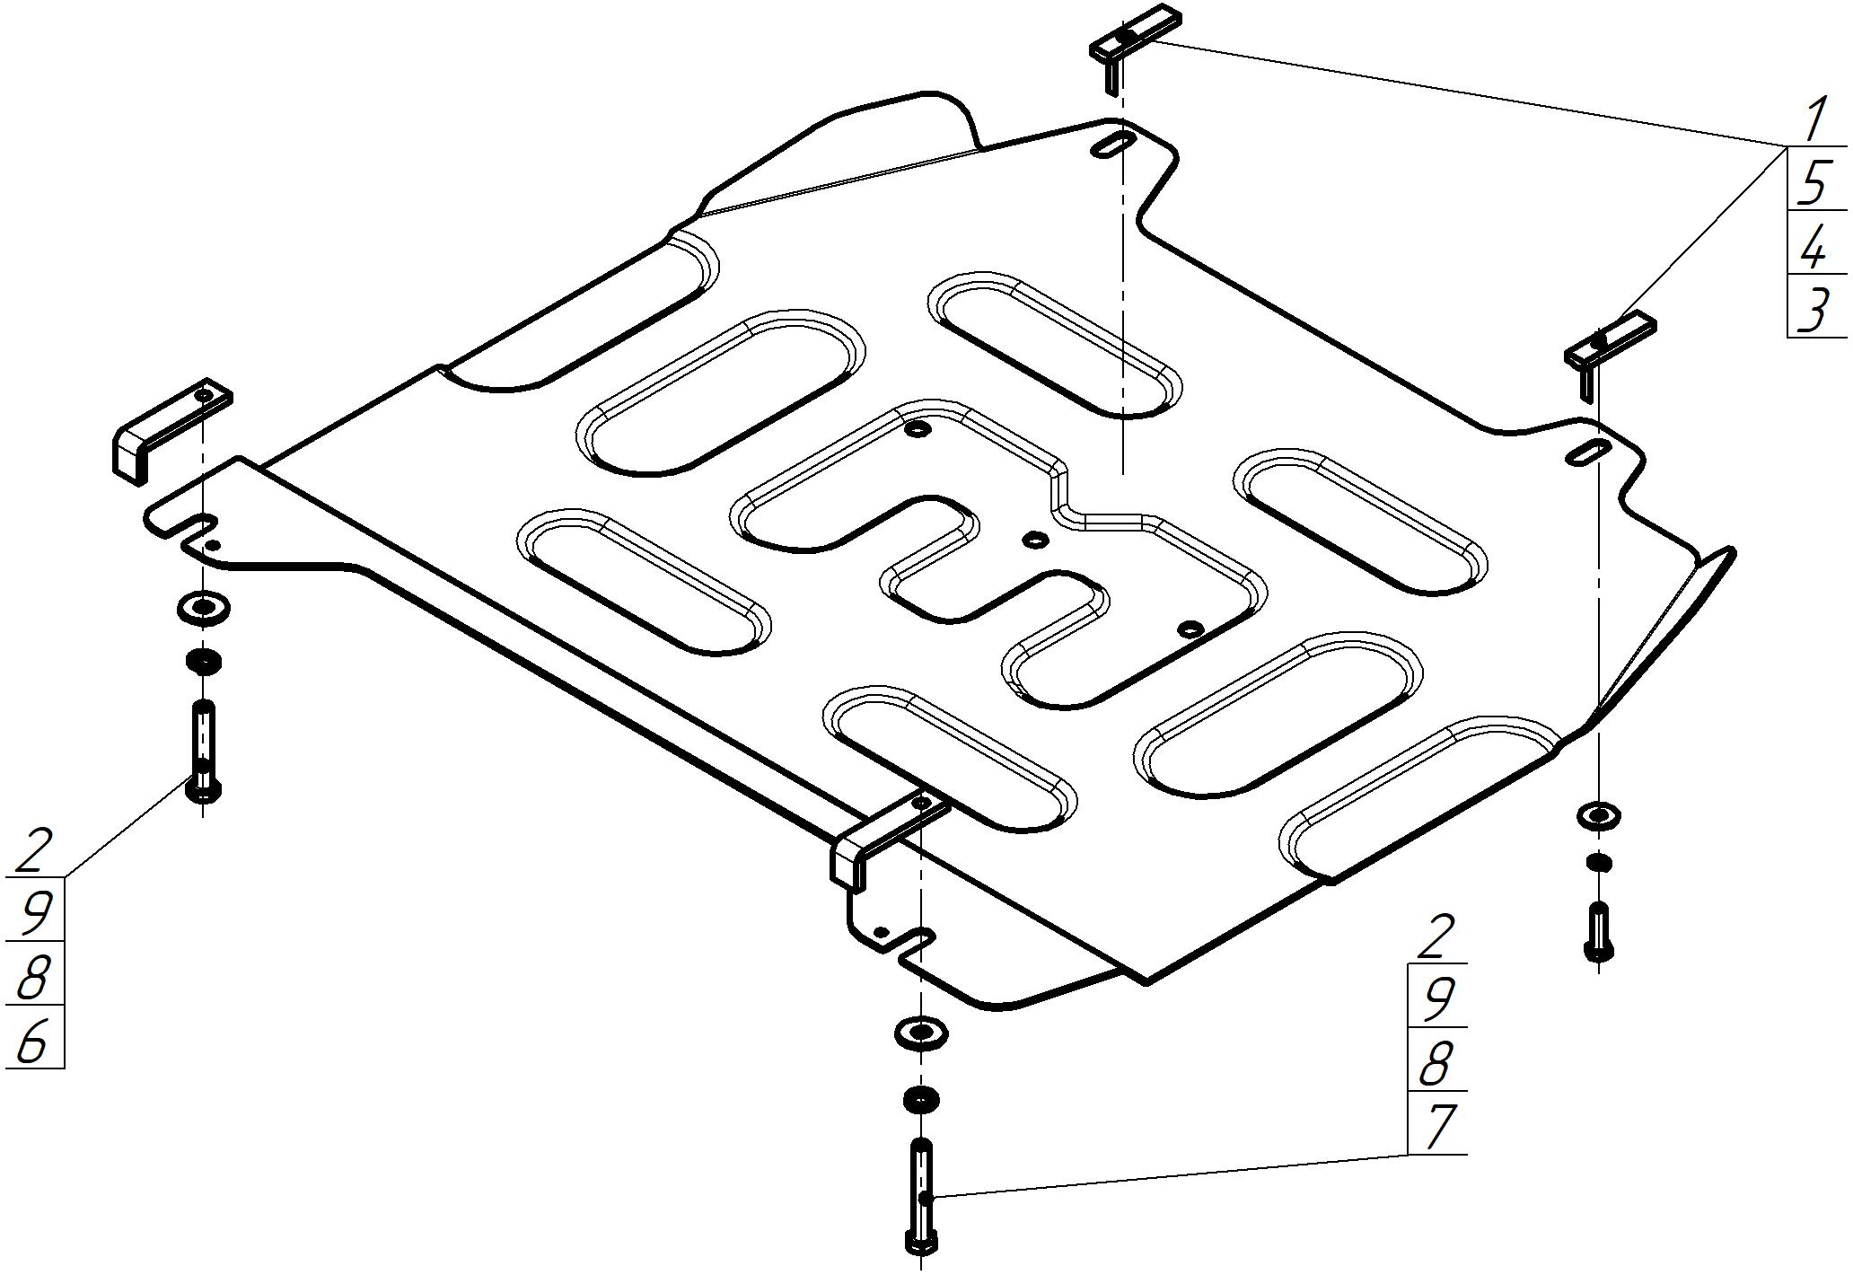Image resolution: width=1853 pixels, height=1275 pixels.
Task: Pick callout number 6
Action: click(x=32, y=1042)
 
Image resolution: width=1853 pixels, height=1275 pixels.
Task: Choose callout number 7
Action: click(x=1437, y=1127)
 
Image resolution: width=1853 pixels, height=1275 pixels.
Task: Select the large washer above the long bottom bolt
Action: click(x=921, y=1032)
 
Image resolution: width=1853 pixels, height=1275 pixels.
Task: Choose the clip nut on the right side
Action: click(x=1610, y=347)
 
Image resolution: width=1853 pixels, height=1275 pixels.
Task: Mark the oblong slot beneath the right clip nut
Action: click(x=1588, y=453)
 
